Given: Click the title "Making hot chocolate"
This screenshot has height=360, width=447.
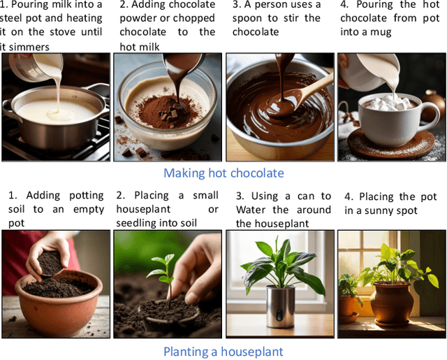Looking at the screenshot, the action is pyautogui.click(x=223, y=173).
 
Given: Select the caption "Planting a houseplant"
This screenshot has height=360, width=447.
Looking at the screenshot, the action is pyautogui.click(x=223, y=352).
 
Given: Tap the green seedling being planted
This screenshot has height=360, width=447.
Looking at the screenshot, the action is pyautogui.click(x=162, y=274).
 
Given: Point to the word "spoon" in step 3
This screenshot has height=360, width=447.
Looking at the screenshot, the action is pyautogui.click(x=247, y=19).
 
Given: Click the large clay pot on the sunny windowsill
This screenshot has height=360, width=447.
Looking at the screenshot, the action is pyautogui.click(x=392, y=303).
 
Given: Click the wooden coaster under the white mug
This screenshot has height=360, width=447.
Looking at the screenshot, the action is pyautogui.click(x=391, y=145).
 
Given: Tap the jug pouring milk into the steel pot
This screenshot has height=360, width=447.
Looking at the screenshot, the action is pyautogui.click(x=36, y=67).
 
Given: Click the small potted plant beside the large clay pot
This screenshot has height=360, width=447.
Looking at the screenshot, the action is pyautogui.click(x=349, y=296).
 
